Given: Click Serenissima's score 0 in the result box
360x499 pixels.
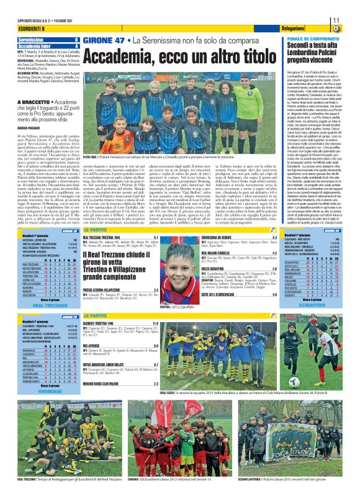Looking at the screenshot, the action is tap(76, 40).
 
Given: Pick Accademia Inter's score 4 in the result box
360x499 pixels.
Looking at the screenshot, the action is tap(76, 45).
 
